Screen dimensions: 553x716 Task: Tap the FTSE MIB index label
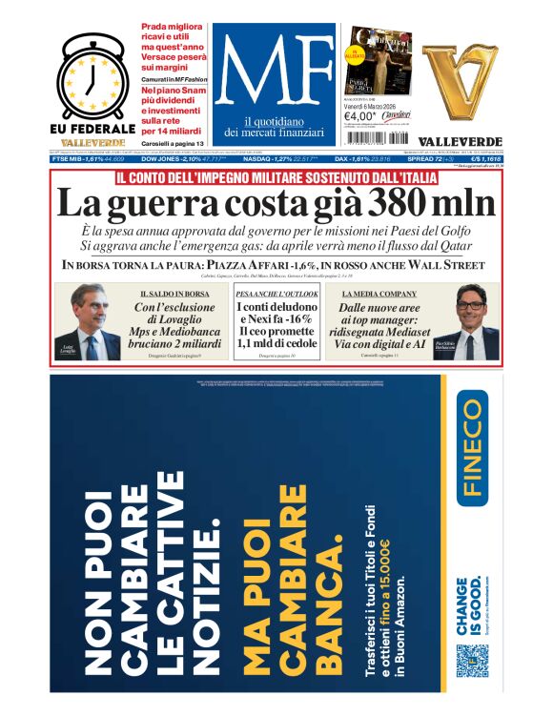coord(77,159)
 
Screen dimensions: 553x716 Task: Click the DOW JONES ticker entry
coord(163,159)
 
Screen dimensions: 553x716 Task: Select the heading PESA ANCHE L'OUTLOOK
coord(276,294)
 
